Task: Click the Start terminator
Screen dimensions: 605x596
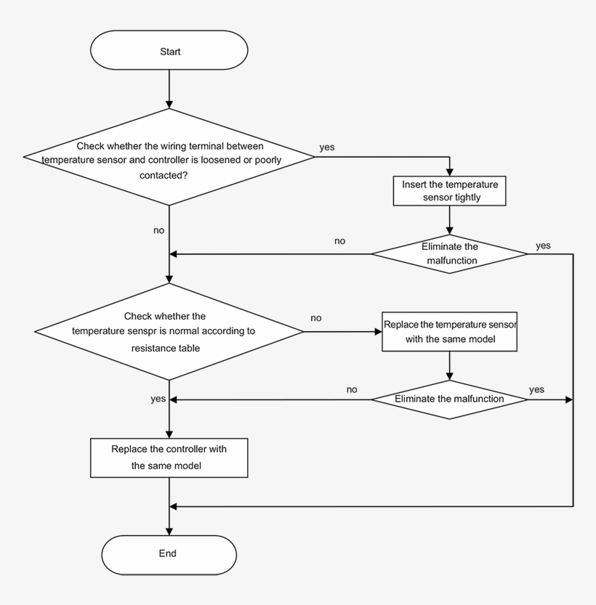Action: pyautogui.click(x=169, y=52)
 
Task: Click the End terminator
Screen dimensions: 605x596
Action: pyautogui.click(x=169, y=553)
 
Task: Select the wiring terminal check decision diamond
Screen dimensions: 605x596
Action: pyautogui.click(x=169, y=156)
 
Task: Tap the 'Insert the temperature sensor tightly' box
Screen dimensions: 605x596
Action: pyautogui.click(x=451, y=190)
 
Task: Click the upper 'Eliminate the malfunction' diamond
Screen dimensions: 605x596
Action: pyautogui.click(x=450, y=253)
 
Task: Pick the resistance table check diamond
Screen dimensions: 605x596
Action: pyautogui.click(x=169, y=332)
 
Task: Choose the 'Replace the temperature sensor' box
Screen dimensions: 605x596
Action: pyautogui.click(x=450, y=332)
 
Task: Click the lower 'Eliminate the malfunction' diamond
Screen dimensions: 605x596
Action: pyautogui.click(x=450, y=399)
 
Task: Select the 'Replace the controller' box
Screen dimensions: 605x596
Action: pyautogui.click(x=169, y=457)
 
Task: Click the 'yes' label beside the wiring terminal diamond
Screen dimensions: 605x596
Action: pyautogui.click(x=327, y=147)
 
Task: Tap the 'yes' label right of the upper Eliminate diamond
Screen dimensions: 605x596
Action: pyautogui.click(x=543, y=245)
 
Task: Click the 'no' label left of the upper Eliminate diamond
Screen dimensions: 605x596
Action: pyautogui.click(x=339, y=240)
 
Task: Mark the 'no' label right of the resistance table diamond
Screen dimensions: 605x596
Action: pyautogui.click(x=316, y=317)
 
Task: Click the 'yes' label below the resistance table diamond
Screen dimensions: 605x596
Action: pyautogui.click(x=158, y=399)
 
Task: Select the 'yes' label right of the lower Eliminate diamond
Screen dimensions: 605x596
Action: pyautogui.click(x=536, y=389)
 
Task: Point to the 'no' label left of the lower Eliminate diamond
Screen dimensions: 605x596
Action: pyautogui.click(x=352, y=389)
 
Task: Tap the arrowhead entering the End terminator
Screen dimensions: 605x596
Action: pyautogui.click(x=169, y=532)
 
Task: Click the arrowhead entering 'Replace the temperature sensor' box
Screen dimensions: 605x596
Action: pyautogui.click(x=378, y=331)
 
